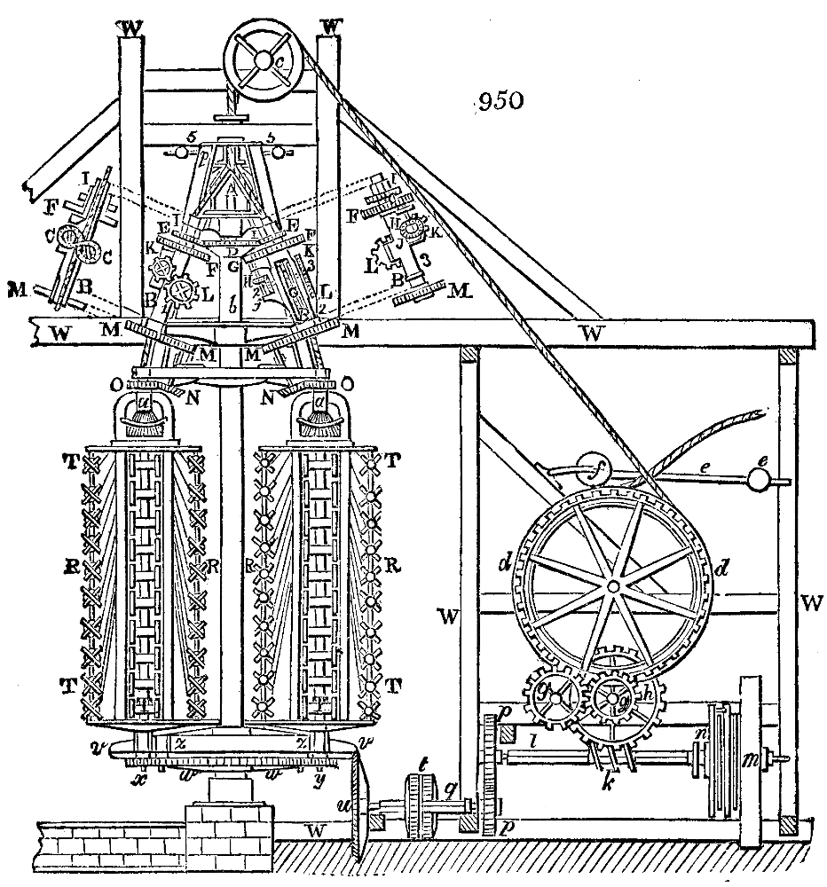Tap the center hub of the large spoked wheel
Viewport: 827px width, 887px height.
(613, 586)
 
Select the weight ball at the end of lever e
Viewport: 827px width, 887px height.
(761, 478)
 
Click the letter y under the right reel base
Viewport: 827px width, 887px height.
(318, 778)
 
